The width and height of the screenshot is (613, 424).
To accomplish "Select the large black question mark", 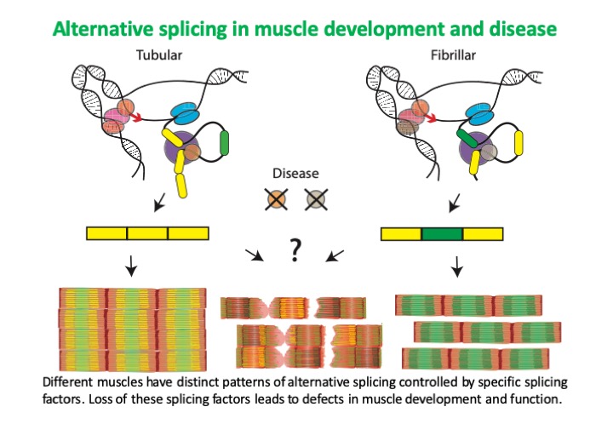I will click(x=295, y=250).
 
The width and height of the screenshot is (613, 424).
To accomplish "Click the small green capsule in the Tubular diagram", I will click(x=226, y=140).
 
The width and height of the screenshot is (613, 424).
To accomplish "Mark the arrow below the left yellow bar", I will click(x=131, y=268).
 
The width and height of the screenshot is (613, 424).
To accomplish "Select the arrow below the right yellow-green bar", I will click(x=458, y=268).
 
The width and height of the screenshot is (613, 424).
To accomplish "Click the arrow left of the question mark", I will click(x=254, y=255).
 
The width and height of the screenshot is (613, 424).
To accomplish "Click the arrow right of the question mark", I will click(x=335, y=255).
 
